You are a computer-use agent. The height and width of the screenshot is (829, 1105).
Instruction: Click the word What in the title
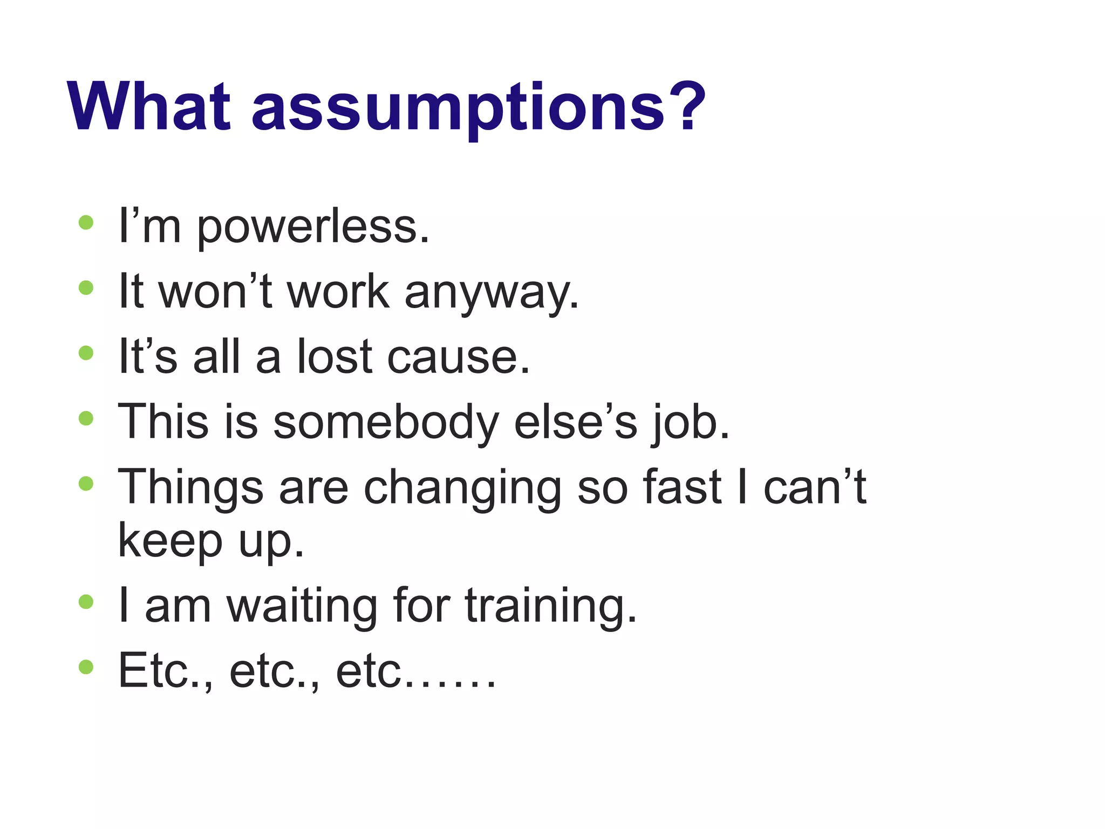[x=149, y=106]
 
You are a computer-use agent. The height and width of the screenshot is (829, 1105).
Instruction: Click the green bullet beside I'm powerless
[x=86, y=222]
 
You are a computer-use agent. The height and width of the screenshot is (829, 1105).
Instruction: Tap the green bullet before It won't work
[x=86, y=288]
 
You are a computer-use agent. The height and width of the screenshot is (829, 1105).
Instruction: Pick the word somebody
[x=386, y=422]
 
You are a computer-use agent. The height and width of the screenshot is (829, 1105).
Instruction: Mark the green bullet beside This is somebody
[x=86, y=418]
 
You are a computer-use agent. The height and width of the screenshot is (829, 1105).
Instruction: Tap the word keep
[x=170, y=541]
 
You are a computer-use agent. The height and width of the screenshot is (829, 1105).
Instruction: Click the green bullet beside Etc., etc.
[x=86, y=667]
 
